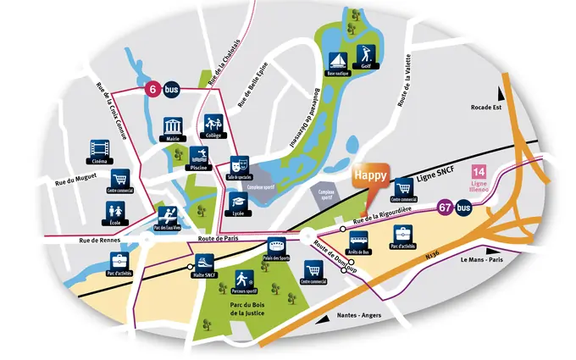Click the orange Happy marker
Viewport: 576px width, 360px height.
[370, 177]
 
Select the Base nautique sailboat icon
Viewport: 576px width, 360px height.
[336, 61]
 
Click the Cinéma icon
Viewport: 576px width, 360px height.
[97, 151]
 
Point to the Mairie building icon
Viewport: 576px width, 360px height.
[174, 126]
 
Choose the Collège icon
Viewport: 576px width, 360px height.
[213, 126]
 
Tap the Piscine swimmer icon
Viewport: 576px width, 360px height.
[199, 156]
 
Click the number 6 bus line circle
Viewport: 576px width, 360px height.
[153, 88]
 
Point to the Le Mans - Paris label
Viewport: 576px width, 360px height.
[484, 260]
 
